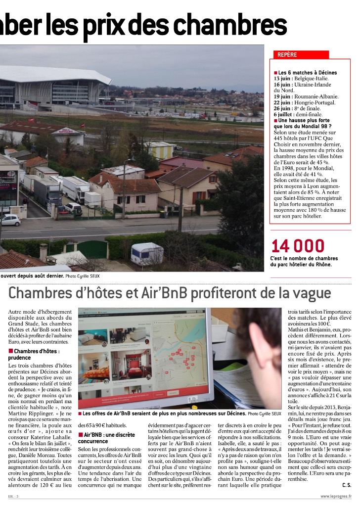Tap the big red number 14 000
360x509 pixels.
pos(298,246)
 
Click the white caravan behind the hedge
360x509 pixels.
pos(147,253)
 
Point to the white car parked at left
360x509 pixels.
pos(10,220)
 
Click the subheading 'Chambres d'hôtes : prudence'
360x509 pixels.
pos(33,354)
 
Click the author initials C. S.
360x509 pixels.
pos(346,484)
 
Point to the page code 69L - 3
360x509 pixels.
pos(13,496)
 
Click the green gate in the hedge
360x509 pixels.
pos(92,249)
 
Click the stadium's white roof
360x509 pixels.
pos(54,74)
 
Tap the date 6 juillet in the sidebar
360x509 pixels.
pos(285,114)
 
